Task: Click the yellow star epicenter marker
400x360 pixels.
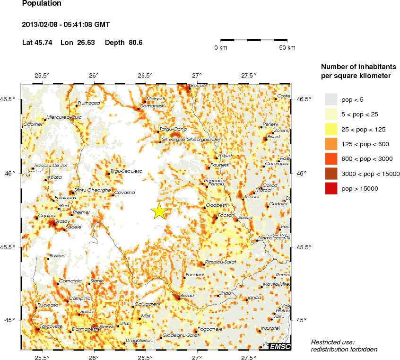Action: click(160, 211)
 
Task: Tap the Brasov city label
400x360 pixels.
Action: click(49, 221)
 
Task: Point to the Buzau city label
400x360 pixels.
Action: click(188, 295)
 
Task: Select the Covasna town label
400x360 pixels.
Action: click(125, 192)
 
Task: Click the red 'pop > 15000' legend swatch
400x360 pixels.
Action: click(330, 189)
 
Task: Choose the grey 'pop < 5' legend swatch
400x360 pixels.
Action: click(330, 99)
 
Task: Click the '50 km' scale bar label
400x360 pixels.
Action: click(287, 48)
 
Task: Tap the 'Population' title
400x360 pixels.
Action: click(42, 4)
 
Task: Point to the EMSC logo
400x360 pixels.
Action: click(280, 347)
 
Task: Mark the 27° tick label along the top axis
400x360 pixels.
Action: click(197, 75)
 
